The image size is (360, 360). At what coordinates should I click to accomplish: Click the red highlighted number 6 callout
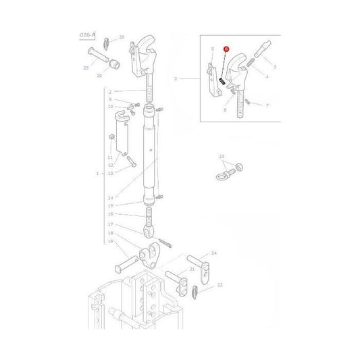[x=227, y=51]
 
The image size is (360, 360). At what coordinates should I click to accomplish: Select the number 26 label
[x=122, y=37]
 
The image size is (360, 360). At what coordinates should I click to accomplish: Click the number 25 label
[x=86, y=68]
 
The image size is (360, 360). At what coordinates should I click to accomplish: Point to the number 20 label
[x=118, y=76]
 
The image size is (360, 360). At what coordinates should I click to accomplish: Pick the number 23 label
[x=221, y=157]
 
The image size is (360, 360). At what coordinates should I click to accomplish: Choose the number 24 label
[x=214, y=253]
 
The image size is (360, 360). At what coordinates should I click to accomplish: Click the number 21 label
[x=192, y=269]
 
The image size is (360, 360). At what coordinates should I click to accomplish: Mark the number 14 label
[x=110, y=198]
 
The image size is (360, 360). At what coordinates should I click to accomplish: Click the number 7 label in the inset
[x=267, y=106]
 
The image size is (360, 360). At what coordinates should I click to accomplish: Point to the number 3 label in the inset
[x=275, y=67]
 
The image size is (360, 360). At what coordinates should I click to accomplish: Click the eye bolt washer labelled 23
[x=238, y=167]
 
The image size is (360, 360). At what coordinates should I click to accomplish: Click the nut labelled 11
[x=112, y=138]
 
